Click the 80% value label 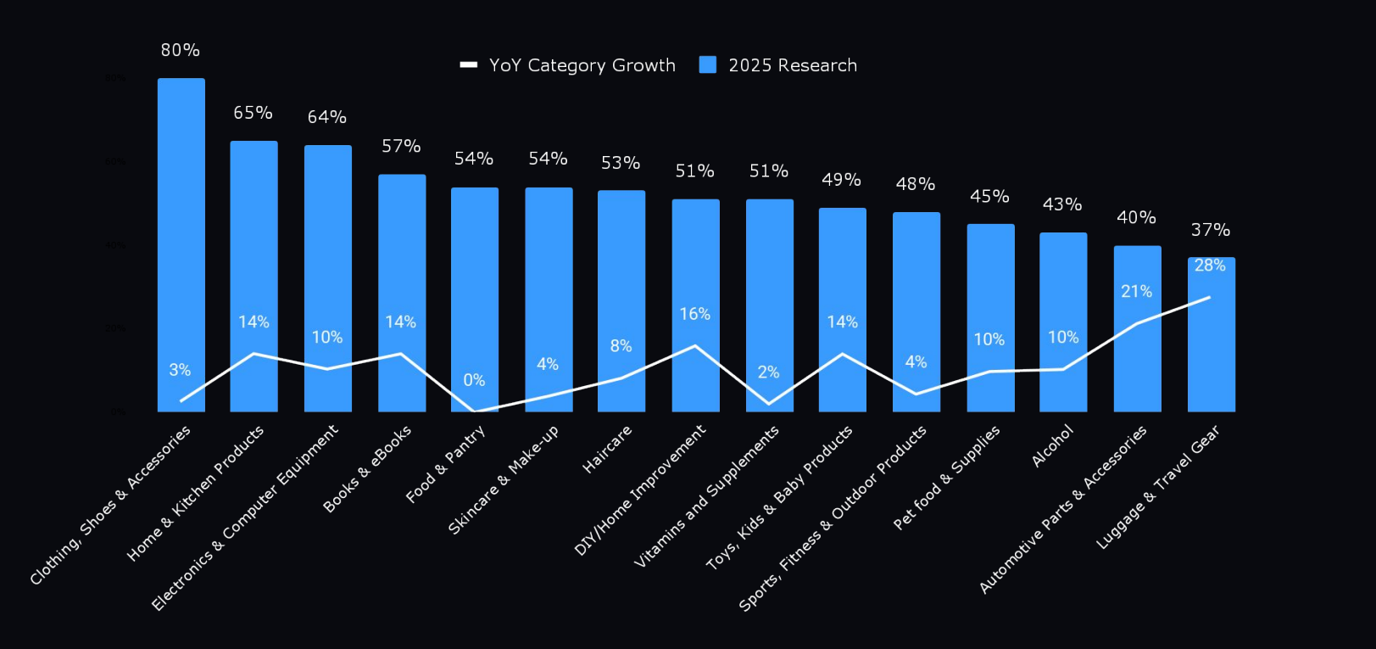point(181,50)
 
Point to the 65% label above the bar point(253,113)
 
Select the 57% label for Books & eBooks point(401,146)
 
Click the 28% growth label point(1210,266)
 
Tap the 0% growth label point(474,380)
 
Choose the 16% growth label point(694,314)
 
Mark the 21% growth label point(1136,292)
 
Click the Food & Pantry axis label point(445,464)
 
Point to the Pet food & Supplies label point(946,478)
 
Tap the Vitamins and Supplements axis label point(706,496)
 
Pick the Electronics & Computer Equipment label point(245,518)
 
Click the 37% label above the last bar point(1210,230)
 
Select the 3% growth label point(180,370)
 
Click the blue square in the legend point(707,65)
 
